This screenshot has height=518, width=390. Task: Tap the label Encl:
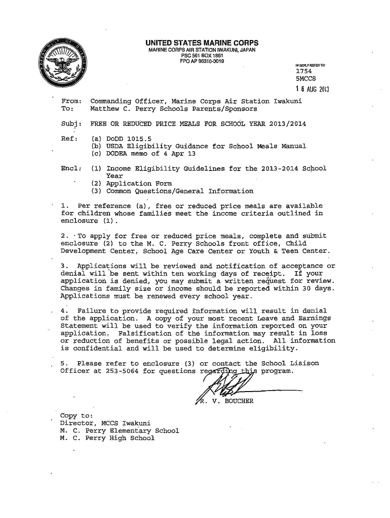tap(70, 168)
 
